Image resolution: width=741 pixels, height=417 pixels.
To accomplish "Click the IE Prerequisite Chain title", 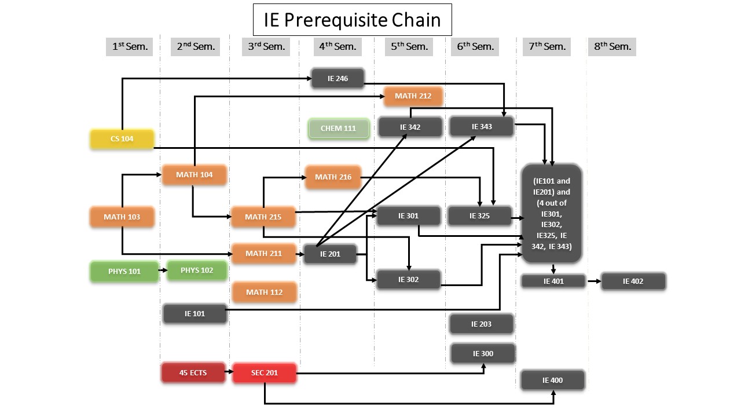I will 352,20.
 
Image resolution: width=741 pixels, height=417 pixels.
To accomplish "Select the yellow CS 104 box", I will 122,139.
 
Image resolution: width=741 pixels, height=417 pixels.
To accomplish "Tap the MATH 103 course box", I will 122,217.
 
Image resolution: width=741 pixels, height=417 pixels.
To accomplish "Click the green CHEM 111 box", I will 339,128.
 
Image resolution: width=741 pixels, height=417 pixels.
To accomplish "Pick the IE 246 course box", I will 338,78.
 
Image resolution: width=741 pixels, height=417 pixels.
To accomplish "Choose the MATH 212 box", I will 413,96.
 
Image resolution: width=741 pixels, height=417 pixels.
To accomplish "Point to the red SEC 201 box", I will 265,372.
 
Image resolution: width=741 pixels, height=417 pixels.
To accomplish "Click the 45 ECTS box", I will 193,372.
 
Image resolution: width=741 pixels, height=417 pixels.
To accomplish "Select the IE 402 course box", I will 633,281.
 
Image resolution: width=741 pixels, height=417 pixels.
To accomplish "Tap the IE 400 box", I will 553,381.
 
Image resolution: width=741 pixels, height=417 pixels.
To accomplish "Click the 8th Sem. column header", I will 612,46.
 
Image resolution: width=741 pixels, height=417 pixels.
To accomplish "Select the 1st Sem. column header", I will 130,46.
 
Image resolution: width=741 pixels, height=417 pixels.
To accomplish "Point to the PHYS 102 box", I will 197,270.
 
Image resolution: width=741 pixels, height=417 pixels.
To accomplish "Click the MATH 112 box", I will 265,292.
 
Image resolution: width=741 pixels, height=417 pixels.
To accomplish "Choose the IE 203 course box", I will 482,324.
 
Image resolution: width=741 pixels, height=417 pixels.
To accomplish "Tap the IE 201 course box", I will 330,254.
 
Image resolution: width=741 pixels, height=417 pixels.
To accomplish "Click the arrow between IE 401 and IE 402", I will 593,281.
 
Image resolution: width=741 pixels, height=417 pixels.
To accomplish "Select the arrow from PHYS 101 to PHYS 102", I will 162,270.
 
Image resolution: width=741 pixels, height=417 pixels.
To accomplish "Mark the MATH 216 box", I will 333,177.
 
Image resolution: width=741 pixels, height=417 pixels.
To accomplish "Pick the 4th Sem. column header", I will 338,46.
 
